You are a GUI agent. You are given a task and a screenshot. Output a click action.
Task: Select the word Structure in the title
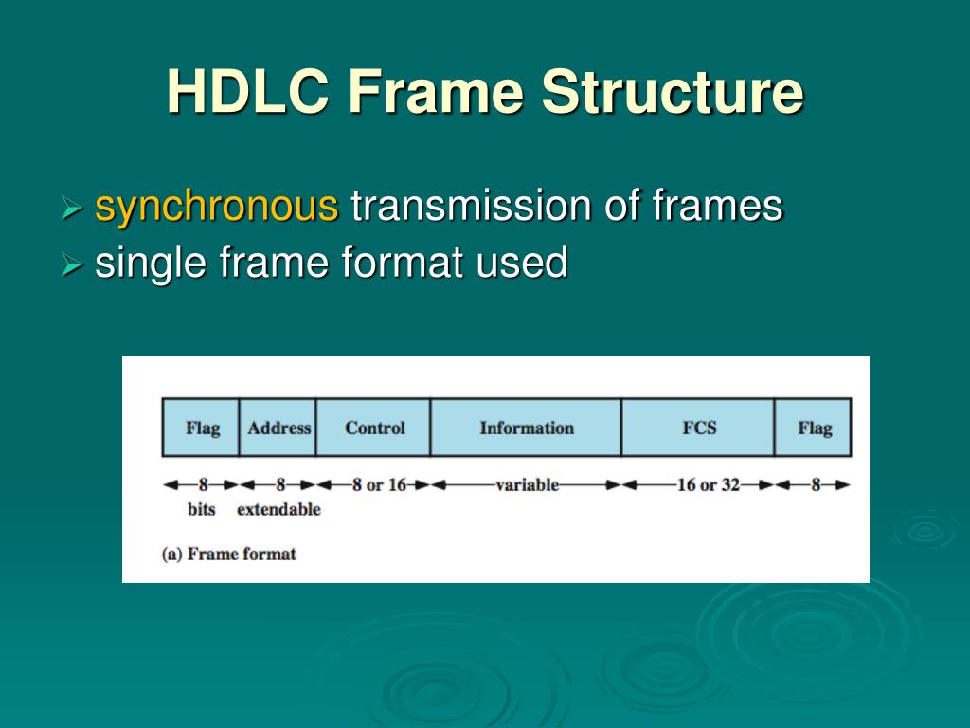673,92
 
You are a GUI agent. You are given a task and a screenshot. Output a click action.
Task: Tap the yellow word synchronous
217,207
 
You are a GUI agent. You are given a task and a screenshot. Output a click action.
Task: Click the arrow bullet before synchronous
73,209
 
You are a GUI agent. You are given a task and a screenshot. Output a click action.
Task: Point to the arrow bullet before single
73,264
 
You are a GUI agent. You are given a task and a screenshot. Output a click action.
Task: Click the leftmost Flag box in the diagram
201,428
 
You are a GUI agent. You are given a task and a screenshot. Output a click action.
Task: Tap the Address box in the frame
278,428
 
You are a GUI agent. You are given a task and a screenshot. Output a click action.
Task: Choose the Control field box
374,428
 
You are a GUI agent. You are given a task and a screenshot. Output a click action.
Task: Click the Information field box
527,428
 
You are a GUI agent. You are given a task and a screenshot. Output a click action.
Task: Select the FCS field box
699,428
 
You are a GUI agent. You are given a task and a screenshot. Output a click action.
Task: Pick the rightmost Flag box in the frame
814,428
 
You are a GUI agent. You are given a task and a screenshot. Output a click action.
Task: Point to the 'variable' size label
527,485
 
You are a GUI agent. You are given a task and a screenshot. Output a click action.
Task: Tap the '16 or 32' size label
708,485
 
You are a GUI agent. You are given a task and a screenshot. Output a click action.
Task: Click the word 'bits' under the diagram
202,510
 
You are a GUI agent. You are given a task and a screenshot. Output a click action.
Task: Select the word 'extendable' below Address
278,510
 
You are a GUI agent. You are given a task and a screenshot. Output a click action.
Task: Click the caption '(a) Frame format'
229,555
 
